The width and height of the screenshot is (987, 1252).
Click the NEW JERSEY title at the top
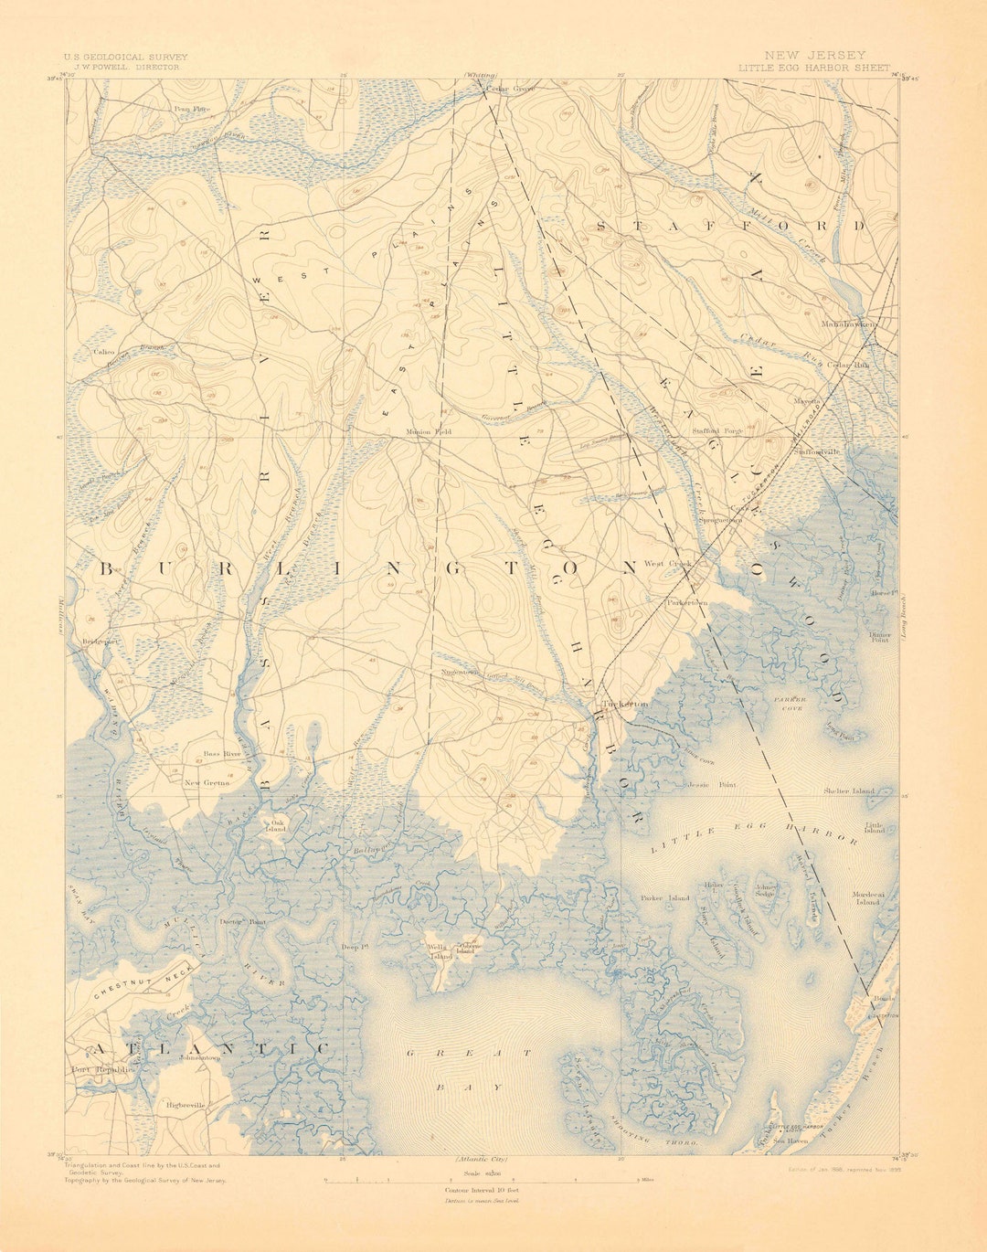coord(815,56)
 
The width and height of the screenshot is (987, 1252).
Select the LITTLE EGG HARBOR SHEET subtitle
coord(814,68)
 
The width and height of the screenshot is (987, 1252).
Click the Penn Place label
coord(193,109)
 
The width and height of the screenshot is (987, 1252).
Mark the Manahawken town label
coord(848,324)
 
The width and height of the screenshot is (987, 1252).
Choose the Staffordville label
coord(819,451)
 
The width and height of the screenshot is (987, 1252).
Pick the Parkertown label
coord(687,603)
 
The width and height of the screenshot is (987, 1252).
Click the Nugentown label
coord(462,673)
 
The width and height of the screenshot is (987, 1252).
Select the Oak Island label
coord(277,826)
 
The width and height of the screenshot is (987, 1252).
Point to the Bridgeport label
coord(101,642)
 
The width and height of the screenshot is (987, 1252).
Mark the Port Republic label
coord(102,1069)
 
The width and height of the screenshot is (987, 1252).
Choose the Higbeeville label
coord(186,1105)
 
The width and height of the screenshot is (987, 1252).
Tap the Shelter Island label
coord(848,790)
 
